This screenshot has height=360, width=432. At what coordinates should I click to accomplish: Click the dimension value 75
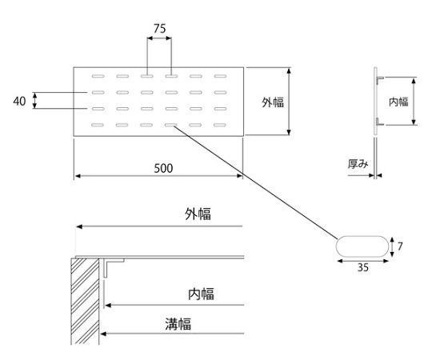pyautogui.click(x=159, y=28)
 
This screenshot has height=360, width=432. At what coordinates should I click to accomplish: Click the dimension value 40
pyautogui.click(x=21, y=101)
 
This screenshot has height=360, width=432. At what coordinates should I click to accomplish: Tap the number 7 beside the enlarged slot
pyautogui.click(x=400, y=247)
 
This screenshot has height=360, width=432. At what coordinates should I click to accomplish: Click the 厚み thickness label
pyautogui.click(x=358, y=164)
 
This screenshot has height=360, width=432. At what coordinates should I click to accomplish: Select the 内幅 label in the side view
pyautogui.click(x=398, y=102)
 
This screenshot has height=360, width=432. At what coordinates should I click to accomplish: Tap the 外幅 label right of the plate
pyautogui.click(x=273, y=102)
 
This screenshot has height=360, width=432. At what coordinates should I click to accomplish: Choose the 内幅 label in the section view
pyautogui.click(x=201, y=294)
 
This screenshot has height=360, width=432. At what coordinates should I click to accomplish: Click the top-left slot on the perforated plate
pyautogui.click(x=97, y=77)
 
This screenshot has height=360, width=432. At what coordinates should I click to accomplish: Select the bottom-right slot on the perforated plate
pyautogui.click(x=220, y=125)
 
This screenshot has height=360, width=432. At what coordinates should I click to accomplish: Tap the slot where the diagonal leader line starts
pyautogui.click(x=171, y=125)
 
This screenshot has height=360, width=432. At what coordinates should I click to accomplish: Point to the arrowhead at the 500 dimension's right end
pyautogui.click(x=238, y=175)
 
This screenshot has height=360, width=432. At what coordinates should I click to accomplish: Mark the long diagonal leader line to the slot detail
pyautogui.click(x=256, y=183)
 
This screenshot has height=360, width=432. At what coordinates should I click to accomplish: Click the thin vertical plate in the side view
pyautogui.click(x=376, y=120)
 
